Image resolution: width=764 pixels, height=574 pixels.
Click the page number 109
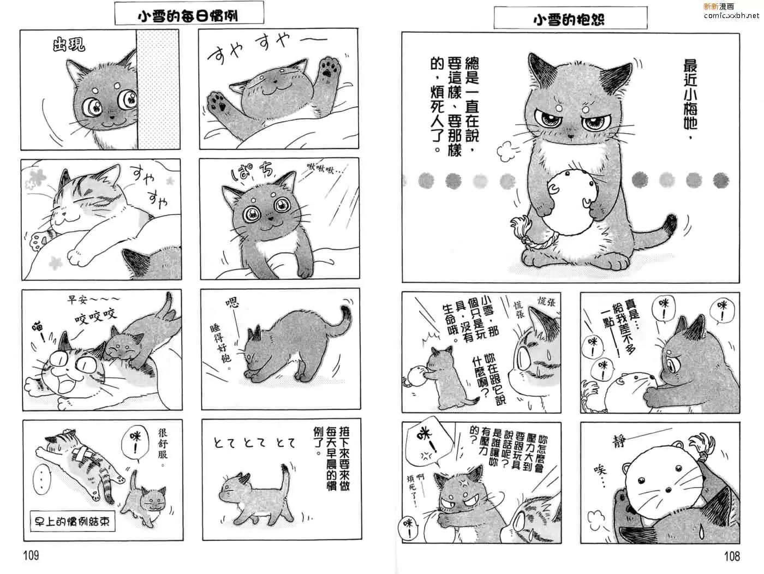point(31,555)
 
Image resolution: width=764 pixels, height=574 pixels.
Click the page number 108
point(732,556)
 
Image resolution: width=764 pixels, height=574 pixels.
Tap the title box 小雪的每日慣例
point(189,13)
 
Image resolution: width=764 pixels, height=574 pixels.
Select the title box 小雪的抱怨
point(570,18)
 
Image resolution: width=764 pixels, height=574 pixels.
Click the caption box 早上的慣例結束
point(73,521)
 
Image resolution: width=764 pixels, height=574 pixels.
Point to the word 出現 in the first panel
point(69,45)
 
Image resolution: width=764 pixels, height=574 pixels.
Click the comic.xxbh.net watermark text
point(731,15)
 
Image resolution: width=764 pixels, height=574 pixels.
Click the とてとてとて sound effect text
point(254,443)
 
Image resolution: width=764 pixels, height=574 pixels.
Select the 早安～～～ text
point(93,300)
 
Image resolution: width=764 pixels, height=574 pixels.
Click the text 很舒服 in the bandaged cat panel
point(163,448)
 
